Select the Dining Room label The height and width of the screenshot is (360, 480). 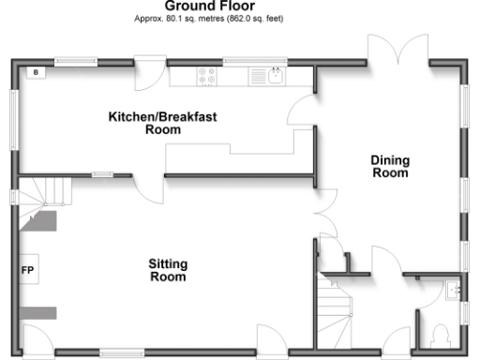tap(390, 167)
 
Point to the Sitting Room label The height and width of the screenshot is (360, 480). tap(167, 270)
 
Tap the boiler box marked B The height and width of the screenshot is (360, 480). tap(37, 72)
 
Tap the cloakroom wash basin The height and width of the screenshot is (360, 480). tap(454, 291)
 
